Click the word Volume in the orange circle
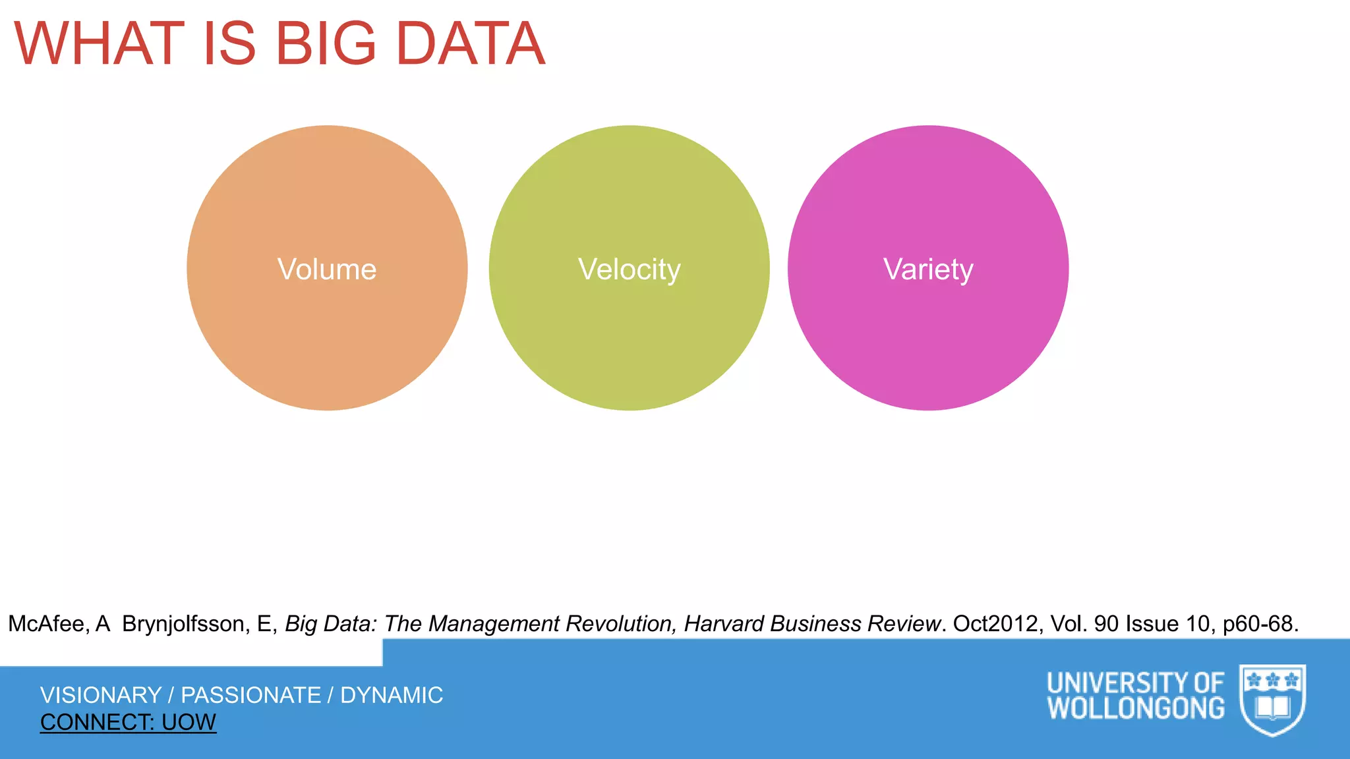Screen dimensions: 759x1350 pyautogui.click(x=327, y=269)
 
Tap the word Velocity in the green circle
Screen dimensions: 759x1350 pyautogui.click(x=629, y=269)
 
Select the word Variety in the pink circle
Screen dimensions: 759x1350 pyautogui.click(x=928, y=269)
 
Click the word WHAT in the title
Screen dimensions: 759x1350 pyautogui.click(x=99, y=44)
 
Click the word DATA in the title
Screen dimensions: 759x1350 pyautogui.click(x=471, y=44)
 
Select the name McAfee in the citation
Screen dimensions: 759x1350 pyautogui.click(x=46, y=624)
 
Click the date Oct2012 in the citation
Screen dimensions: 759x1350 pyautogui.click(x=995, y=624)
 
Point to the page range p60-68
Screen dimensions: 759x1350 pyautogui.click(x=1260, y=624)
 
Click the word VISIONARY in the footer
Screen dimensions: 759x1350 pyautogui.click(x=101, y=695)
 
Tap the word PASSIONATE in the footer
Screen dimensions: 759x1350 pyautogui.click(x=251, y=695)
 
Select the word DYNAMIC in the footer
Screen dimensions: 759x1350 pyautogui.click(x=392, y=695)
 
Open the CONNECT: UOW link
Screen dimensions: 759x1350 pyautogui.click(x=128, y=723)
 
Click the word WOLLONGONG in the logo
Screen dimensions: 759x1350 pyautogui.click(x=1136, y=709)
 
